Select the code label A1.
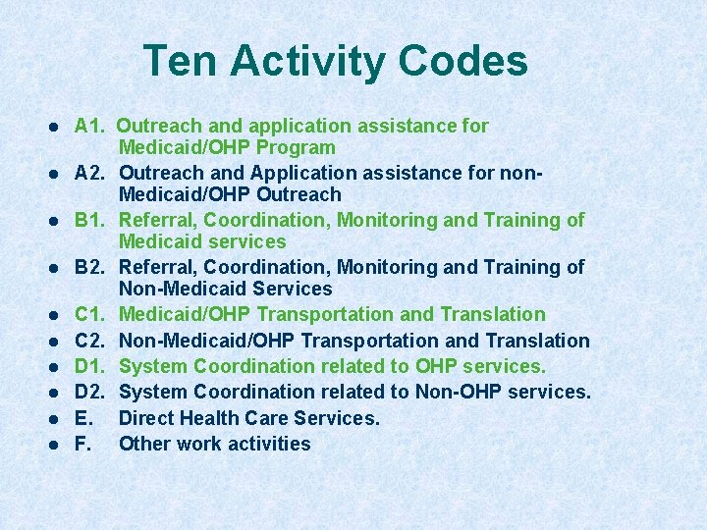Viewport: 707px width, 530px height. [89, 127]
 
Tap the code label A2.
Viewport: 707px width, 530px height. [89, 174]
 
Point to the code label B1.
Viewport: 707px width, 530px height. [89, 221]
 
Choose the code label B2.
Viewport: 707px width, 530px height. [89, 268]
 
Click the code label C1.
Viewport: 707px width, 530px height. [89, 315]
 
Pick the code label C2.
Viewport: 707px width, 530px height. [89, 341]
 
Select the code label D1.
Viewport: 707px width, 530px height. [89, 367]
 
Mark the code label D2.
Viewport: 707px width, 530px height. [89, 393]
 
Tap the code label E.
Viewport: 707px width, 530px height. [82, 418]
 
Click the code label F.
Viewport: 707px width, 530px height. [82, 444]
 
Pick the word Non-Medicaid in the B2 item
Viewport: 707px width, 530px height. [179, 290]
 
